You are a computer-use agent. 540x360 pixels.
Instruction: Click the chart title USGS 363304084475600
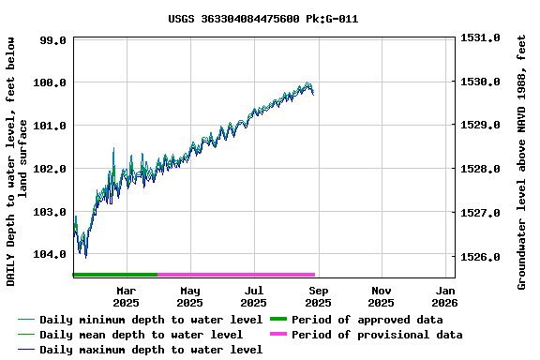point(262,19)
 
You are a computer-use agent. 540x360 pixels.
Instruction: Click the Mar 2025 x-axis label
point(126,296)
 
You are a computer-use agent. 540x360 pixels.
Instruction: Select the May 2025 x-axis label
point(189,296)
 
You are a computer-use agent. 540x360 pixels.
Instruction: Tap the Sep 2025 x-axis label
point(317,296)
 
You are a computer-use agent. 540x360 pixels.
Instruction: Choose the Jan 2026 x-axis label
point(444,296)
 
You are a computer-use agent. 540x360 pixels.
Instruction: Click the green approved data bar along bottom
point(114,275)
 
